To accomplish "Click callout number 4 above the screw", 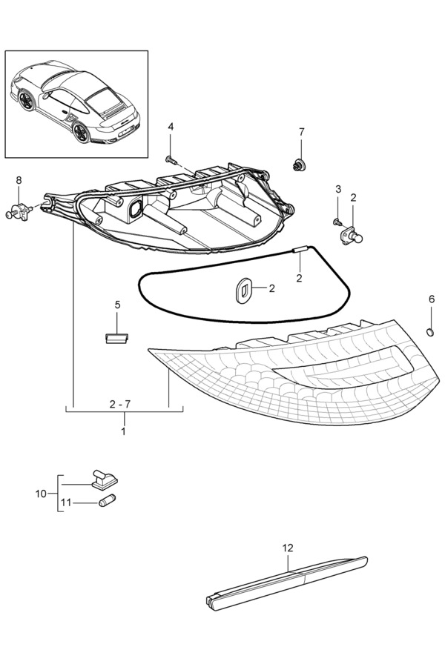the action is tap(171, 126).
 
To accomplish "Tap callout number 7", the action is tap(302, 132).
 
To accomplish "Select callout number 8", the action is tap(19, 180).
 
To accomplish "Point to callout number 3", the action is tap(338, 189).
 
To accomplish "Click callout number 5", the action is tap(117, 305).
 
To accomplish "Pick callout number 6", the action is tap(432, 299).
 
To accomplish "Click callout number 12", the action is tap(288, 548).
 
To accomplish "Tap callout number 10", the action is tap(41, 494).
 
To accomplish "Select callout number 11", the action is tap(65, 502).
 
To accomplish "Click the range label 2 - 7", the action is tap(119, 404).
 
